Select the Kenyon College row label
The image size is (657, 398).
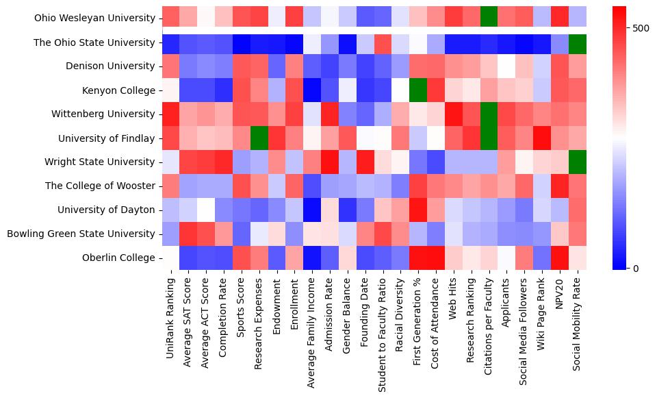coord(121,90)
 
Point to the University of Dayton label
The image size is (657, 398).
coord(106,210)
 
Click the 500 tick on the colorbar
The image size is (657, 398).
coord(623,28)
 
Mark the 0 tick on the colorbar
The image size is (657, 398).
coord(617,268)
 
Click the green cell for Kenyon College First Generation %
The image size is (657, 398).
coord(418,90)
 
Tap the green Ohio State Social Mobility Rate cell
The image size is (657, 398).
coord(578,42)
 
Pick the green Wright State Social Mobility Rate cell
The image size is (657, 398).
coord(578,162)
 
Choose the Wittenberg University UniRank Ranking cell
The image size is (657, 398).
coord(170,114)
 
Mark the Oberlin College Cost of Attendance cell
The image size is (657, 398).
coord(436,258)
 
